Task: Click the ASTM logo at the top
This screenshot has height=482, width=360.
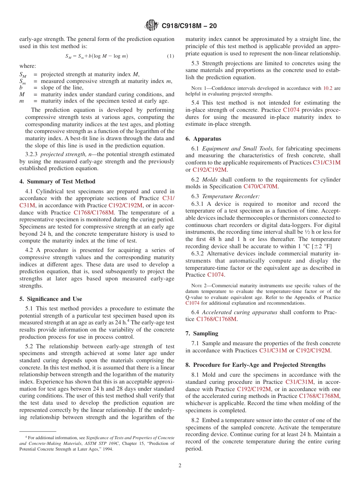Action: pos(152,26)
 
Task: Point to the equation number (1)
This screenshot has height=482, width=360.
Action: pos(171,56)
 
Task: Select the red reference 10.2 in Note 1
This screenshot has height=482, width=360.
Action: pos(328,88)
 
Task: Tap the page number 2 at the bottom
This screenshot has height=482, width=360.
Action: pos(180,466)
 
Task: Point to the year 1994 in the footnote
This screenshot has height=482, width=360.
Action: pos(107,449)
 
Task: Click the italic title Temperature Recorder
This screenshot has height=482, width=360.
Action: pos(231,196)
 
